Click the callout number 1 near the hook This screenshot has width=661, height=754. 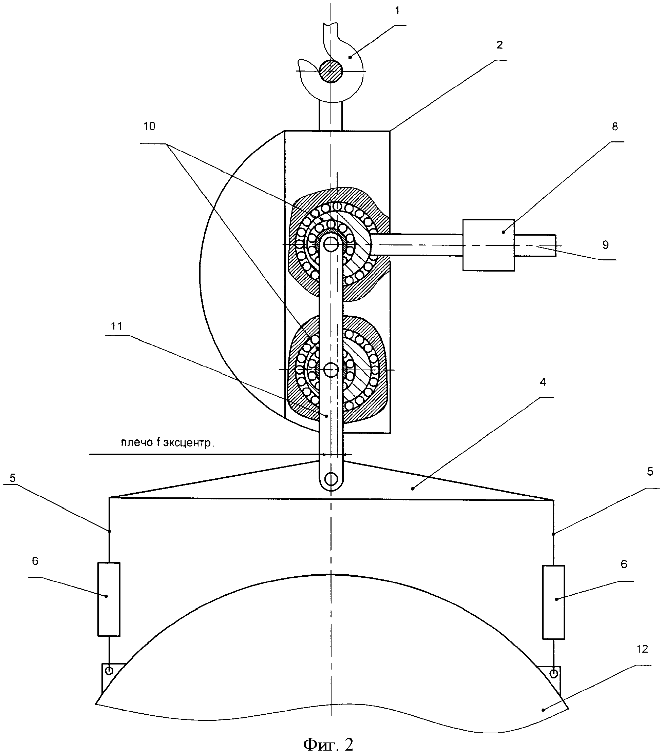(397, 11)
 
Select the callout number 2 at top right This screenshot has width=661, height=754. (499, 45)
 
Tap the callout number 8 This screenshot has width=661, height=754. (615, 127)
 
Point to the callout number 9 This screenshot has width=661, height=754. (605, 245)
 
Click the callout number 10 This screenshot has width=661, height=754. (149, 126)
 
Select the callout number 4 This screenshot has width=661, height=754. (543, 382)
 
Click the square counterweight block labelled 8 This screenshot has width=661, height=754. (489, 245)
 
